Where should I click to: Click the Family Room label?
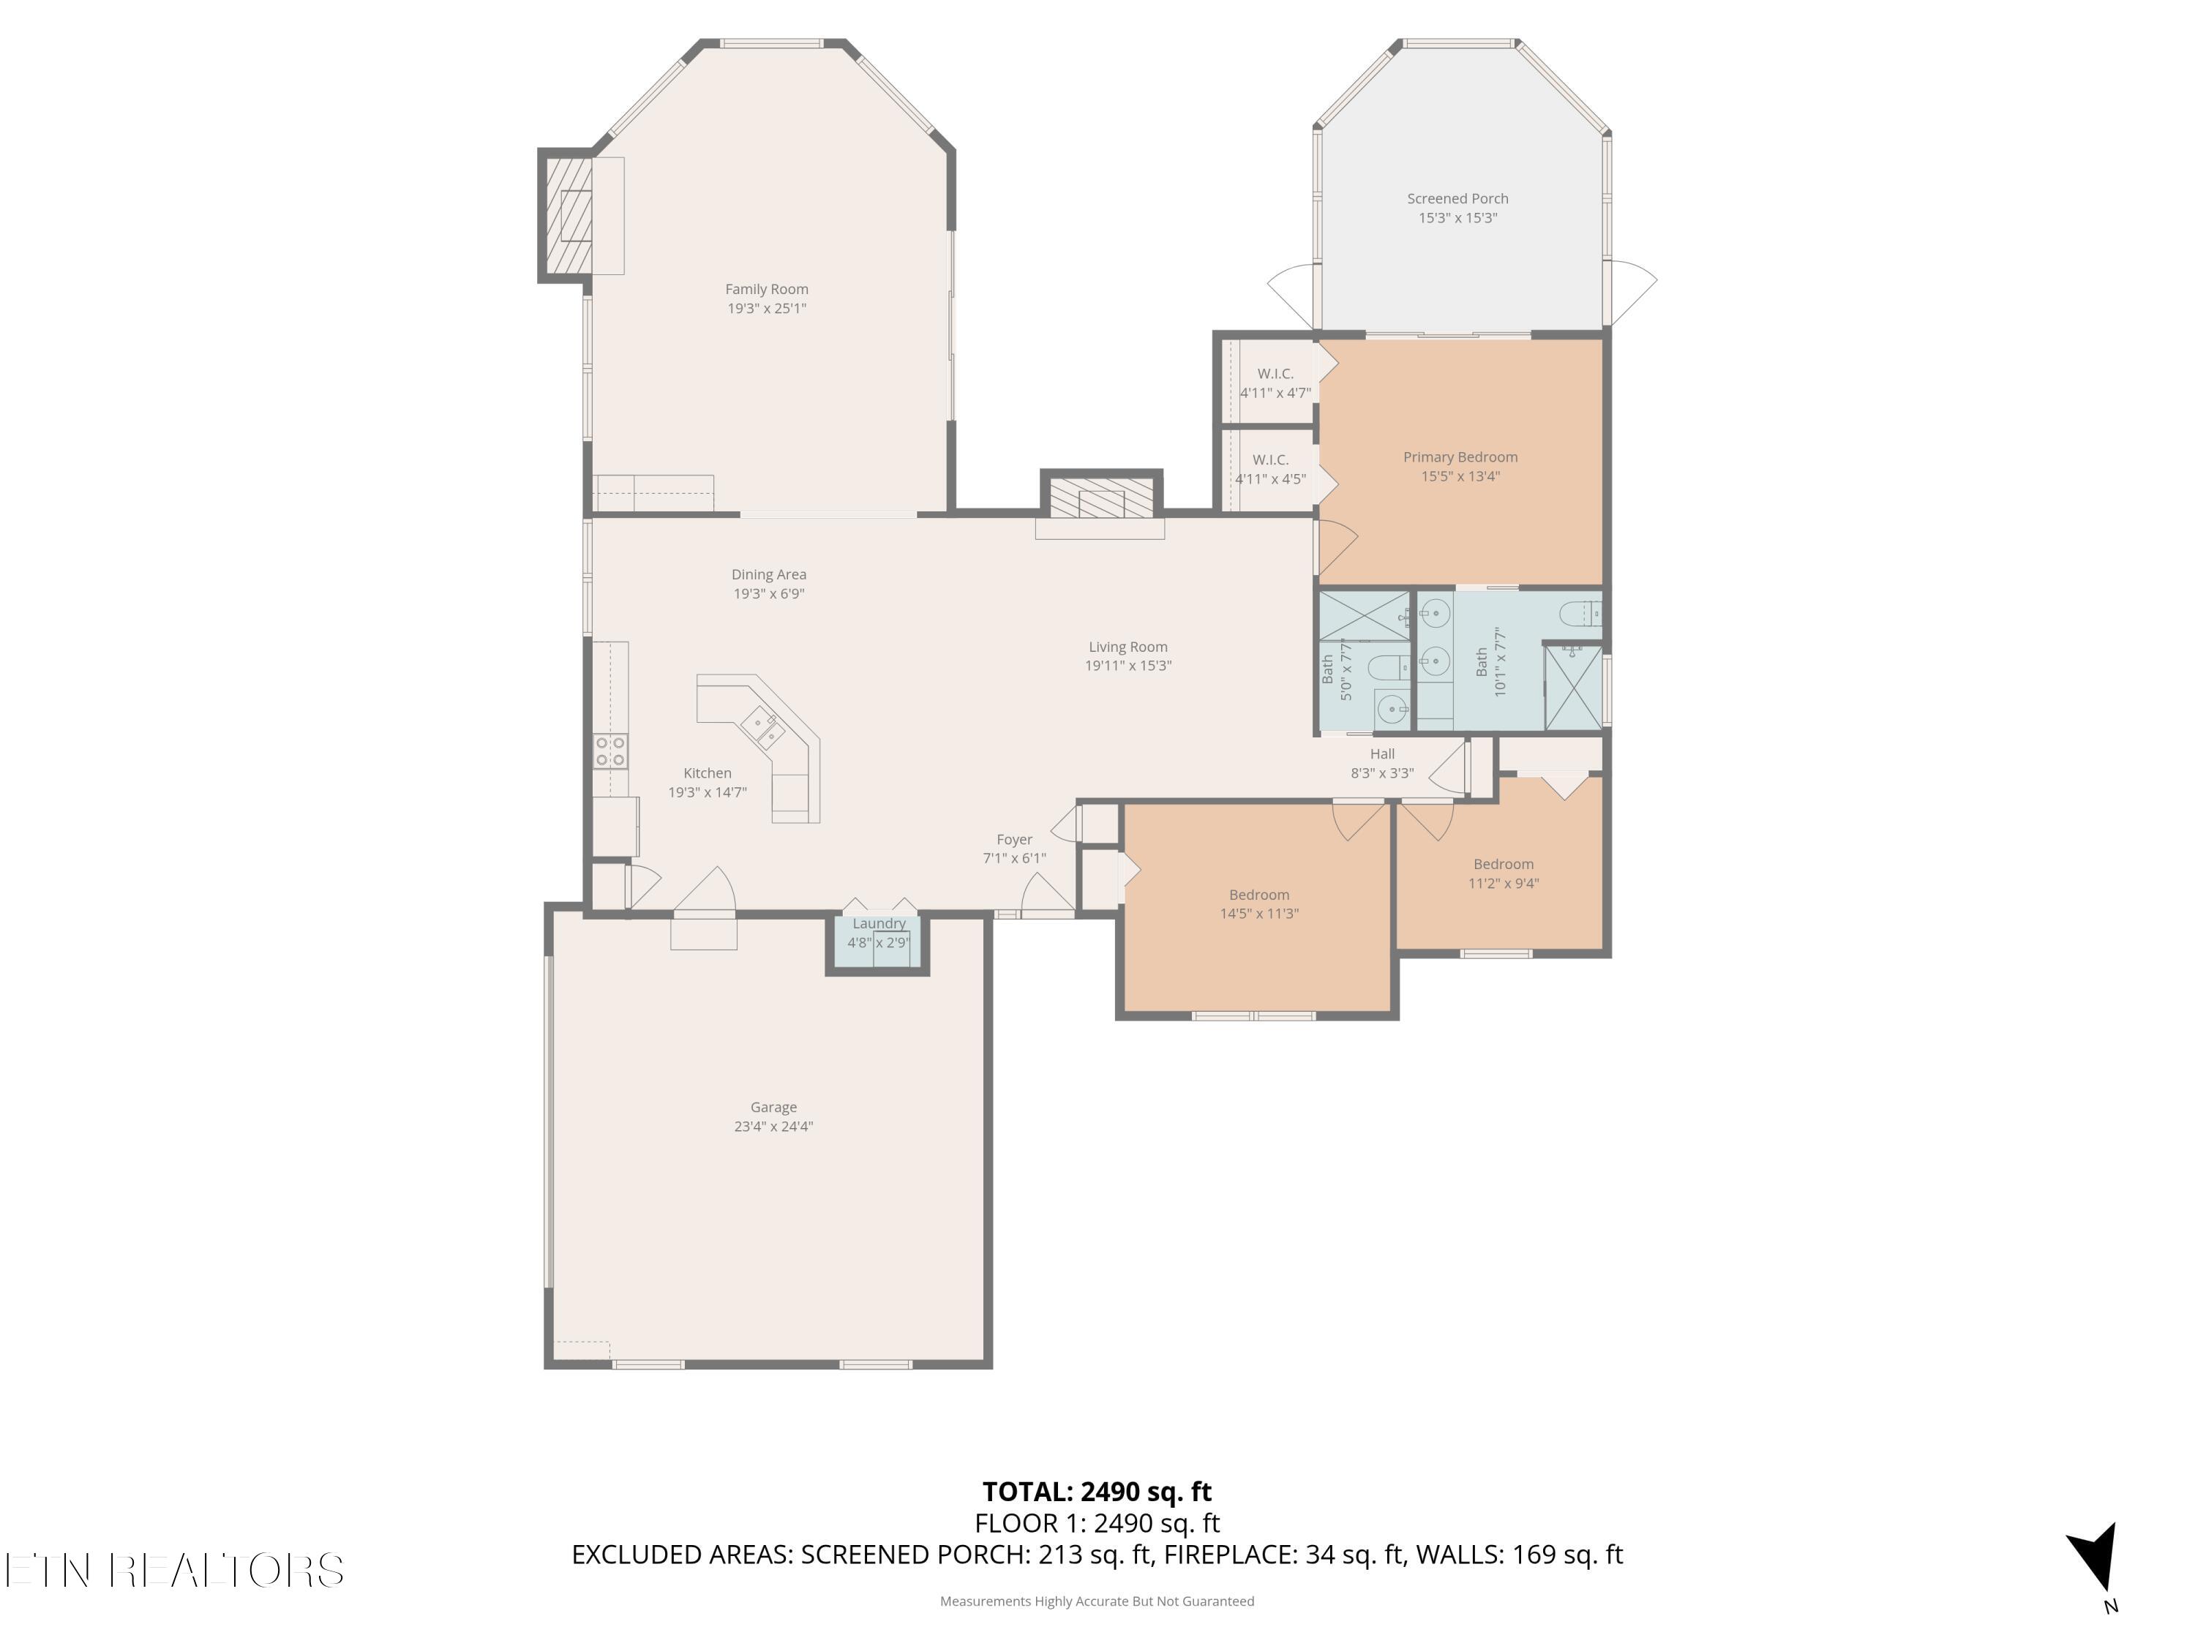tap(766, 289)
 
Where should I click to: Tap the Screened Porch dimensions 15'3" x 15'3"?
tap(1457, 218)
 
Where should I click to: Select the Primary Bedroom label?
tap(1460, 456)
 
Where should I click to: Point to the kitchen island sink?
tap(763, 728)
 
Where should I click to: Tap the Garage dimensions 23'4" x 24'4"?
tap(773, 1126)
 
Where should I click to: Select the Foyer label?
tap(1014, 839)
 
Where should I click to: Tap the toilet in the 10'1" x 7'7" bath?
tap(1579, 615)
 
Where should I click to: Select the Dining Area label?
tap(768, 574)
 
